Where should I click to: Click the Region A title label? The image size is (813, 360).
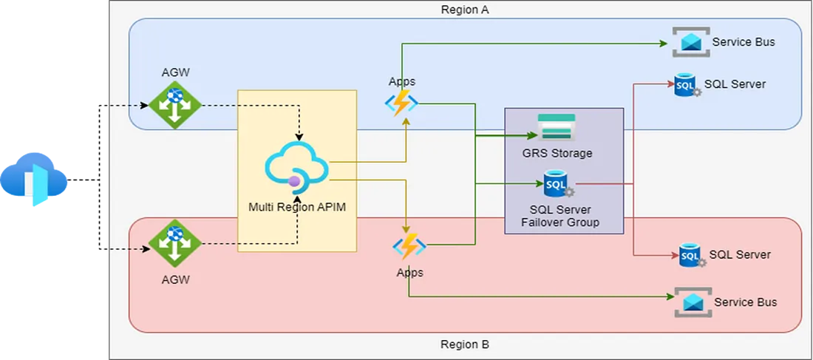point(465,10)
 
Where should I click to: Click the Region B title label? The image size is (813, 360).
point(465,344)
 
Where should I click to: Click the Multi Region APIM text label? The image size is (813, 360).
point(297,207)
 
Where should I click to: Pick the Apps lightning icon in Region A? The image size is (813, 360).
point(401,103)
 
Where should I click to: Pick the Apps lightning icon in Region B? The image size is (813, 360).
point(409,246)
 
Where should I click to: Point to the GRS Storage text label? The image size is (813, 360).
point(557,154)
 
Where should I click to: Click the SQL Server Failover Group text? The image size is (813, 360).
point(559,216)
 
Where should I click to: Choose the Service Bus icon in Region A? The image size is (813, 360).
point(690,41)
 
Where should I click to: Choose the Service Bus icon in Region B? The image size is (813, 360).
point(693,302)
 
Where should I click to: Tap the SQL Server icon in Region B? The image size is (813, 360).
point(690,256)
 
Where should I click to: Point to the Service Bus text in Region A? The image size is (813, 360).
point(744,42)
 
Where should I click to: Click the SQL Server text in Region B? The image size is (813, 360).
point(740,255)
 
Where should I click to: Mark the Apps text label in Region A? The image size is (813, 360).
point(401,81)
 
